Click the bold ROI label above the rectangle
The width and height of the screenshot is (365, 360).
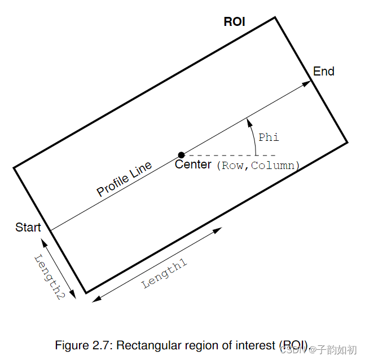pyautogui.click(x=234, y=22)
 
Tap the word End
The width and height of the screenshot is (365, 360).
pyautogui.click(x=324, y=72)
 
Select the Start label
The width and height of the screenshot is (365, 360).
pyautogui.click(x=28, y=228)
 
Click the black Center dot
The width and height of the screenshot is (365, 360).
pyautogui.click(x=181, y=155)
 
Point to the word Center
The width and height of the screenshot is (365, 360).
pyautogui.click(x=193, y=165)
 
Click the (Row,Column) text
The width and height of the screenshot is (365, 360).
pyautogui.click(x=258, y=166)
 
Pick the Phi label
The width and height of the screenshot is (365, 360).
pyautogui.click(x=269, y=137)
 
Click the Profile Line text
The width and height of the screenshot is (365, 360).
pyautogui.click(x=124, y=179)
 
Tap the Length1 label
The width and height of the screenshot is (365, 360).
pyautogui.click(x=165, y=274)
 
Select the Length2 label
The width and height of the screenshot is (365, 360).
pyautogui.click(x=48, y=277)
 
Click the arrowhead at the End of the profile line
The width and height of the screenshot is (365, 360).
pyautogui.click(x=307, y=83)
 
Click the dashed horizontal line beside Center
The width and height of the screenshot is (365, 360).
pyautogui.click(x=231, y=155)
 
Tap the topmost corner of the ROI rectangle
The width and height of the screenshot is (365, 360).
pyautogui.click(x=275, y=17)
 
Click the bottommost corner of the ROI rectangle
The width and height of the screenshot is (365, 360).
pyautogui.click(x=86, y=293)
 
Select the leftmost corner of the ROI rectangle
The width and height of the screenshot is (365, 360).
pyautogui.click(x=14, y=167)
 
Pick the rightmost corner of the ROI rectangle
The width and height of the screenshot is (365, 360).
pyautogui.click(x=347, y=142)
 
